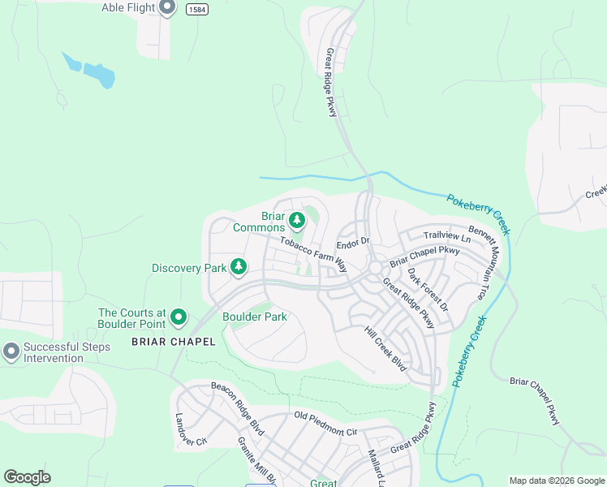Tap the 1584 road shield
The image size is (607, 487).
click(196, 9)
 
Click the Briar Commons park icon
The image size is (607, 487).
click(297, 219)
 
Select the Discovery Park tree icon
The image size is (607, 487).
click(239, 266)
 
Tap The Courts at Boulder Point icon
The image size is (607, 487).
click(179, 317)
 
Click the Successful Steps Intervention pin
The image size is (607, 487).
click(11, 351)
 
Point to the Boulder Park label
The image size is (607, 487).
click(255, 317)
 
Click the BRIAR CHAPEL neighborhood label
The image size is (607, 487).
click(174, 342)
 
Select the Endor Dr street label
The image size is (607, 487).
click(353, 241)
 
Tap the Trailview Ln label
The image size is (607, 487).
click(446, 236)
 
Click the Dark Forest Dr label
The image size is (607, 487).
click(428, 289)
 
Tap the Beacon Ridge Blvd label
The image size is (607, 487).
click(237, 407)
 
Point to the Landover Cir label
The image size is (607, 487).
click(180, 429)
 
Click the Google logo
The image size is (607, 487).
click(27, 477)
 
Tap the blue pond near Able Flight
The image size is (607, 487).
click(89, 71)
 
